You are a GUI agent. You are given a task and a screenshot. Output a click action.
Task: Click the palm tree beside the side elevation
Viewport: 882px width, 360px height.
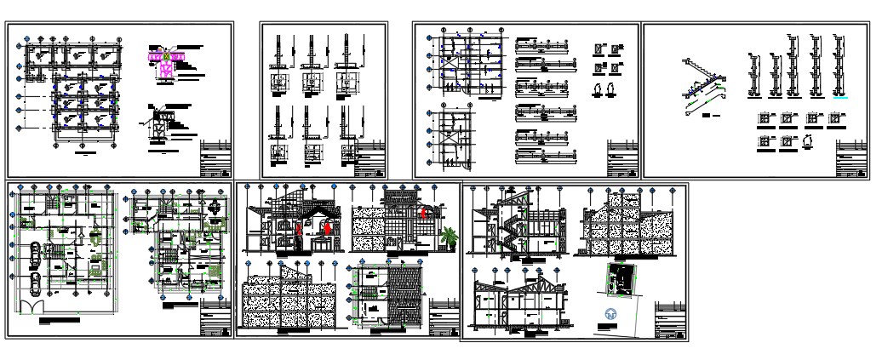click(448, 236)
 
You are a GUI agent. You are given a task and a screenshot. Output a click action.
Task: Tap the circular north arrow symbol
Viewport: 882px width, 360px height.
click(610, 316)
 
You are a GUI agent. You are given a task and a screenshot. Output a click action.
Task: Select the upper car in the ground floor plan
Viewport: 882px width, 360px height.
click(33, 253)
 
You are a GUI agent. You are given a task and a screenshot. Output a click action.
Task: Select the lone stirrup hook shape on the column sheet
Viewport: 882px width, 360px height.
click(807, 141)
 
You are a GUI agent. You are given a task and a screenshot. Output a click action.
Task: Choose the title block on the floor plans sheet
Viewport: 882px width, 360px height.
click(215, 319)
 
